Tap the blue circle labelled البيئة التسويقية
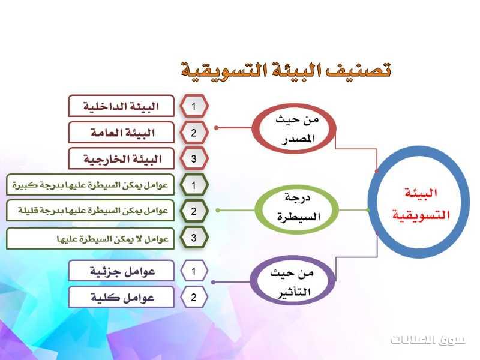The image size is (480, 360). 418,153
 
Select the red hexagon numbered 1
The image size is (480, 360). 194,106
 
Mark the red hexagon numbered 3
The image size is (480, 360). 194,158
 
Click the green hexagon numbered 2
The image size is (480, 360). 194,211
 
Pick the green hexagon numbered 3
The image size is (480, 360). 194,238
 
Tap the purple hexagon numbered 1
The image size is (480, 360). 194,271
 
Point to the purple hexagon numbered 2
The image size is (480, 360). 194,297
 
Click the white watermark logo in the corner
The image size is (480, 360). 427,340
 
